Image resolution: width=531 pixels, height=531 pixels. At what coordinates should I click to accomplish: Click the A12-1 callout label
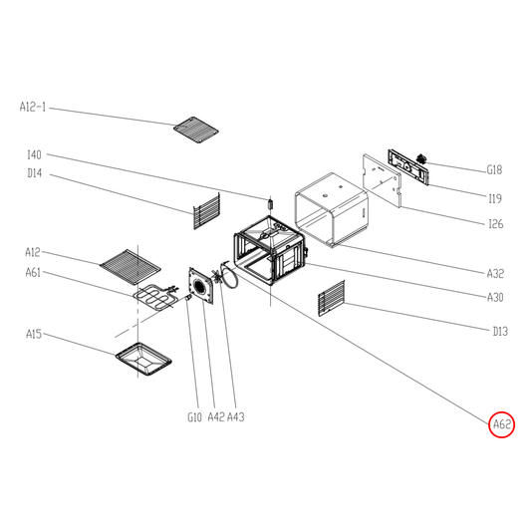[x=33, y=107]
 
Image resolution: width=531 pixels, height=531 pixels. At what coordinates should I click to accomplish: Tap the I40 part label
[x=34, y=154]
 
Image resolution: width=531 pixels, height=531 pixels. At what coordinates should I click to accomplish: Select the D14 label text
[x=35, y=173]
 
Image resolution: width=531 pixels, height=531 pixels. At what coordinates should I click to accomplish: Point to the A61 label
[x=33, y=272]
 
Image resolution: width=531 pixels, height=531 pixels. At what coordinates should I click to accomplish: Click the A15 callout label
[x=34, y=334]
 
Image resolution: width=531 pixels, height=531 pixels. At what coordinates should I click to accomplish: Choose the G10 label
[x=194, y=416]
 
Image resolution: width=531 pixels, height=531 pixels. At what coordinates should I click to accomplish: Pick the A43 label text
[x=236, y=416]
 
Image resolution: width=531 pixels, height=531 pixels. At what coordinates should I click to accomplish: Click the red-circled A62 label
[x=501, y=424]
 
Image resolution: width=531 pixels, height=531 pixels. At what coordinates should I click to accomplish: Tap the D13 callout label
[x=500, y=331]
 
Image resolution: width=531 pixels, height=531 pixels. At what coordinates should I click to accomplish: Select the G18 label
[x=494, y=169]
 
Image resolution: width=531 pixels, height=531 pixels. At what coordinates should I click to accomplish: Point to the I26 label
[x=496, y=224]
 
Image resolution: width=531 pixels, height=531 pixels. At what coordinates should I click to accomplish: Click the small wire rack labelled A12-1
[x=195, y=130]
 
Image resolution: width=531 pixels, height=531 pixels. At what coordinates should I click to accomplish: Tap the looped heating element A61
[x=154, y=297]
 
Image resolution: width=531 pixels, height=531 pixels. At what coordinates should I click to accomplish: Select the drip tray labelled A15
[x=143, y=359]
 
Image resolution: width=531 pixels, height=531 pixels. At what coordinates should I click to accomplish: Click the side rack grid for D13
[x=332, y=298]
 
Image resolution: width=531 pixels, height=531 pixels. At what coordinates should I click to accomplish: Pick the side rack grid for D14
[x=206, y=211]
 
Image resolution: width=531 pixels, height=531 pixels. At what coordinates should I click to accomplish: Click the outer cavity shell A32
[x=332, y=209]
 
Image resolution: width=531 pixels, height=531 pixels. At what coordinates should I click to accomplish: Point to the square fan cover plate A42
[x=202, y=287]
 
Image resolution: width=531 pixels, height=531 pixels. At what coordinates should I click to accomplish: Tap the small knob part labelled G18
[x=420, y=157]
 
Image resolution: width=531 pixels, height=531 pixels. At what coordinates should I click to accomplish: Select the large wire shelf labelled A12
[x=131, y=267]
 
